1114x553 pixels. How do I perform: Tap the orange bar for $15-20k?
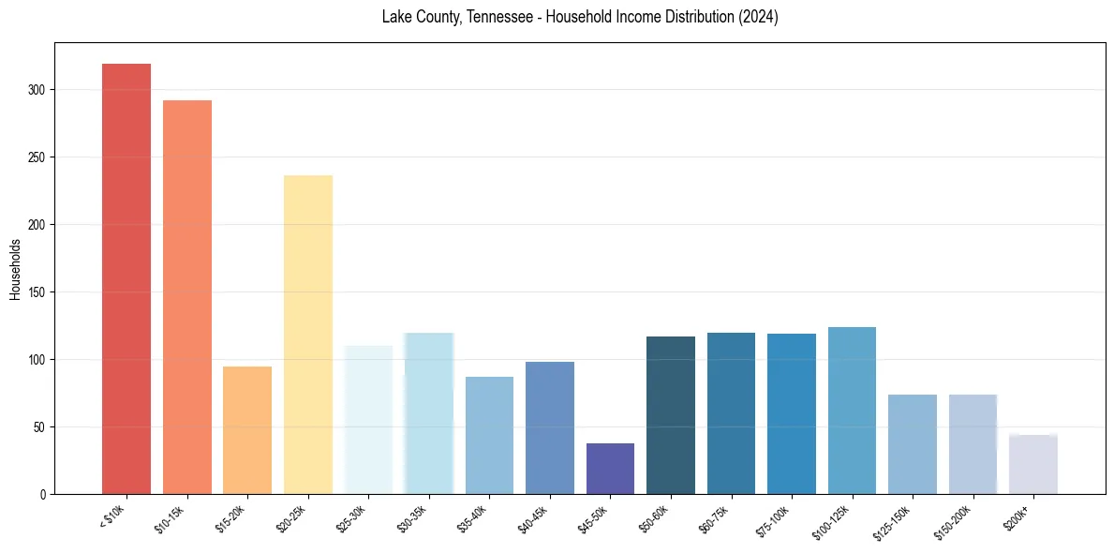(247, 430)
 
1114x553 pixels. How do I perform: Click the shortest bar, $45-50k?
(610, 469)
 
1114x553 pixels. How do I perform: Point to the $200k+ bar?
(1033, 464)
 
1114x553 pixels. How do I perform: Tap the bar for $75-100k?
(792, 413)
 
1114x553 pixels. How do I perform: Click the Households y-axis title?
(16, 269)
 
